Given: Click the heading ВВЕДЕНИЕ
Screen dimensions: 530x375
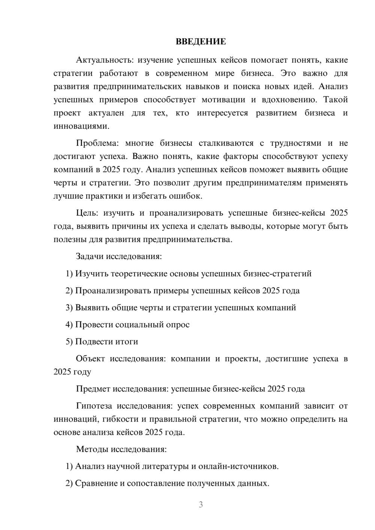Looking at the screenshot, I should [201, 42].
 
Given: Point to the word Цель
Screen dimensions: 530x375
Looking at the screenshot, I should [87, 213].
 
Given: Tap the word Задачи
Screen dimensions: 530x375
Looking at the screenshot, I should [90, 256].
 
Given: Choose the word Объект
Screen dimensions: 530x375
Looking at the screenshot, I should [90, 359].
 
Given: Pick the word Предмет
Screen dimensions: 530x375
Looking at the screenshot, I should [93, 389].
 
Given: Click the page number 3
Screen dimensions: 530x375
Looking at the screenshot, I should [201, 505].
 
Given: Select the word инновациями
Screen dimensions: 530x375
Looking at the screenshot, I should [81, 126].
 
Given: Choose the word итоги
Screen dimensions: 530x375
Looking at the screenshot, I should [127, 341].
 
